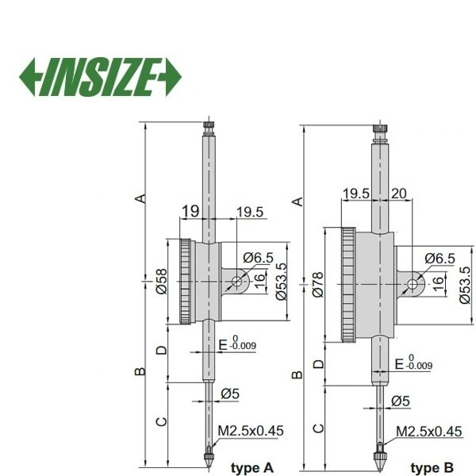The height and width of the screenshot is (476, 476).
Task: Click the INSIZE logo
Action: point(100,77)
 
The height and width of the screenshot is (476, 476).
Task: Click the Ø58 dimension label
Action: point(162,281)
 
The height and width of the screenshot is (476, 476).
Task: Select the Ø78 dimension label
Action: point(318,285)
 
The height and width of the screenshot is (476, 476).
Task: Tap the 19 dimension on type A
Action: point(190,211)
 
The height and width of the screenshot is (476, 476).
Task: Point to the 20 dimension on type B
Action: point(398,193)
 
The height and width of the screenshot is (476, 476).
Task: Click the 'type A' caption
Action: point(252,467)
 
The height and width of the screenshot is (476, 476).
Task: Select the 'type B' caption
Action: point(432,467)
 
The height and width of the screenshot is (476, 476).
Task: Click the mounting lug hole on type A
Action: point(236,282)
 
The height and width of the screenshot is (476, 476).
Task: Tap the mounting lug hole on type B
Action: point(413,285)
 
